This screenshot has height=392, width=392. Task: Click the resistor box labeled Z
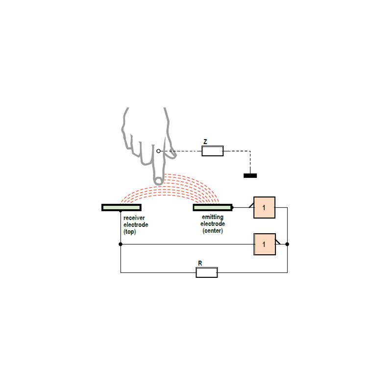[x=213, y=151]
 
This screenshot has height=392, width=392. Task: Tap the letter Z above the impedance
[x=205, y=142]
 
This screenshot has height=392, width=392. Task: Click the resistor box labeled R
[x=207, y=272]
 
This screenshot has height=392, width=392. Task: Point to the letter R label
[x=200, y=263]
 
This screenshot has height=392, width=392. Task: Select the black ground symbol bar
[x=250, y=176]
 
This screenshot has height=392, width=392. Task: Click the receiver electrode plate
[x=122, y=207]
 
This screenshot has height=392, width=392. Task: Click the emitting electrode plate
[x=213, y=207]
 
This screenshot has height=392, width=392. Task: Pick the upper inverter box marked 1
[x=264, y=207]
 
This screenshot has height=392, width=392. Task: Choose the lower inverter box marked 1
[x=265, y=244]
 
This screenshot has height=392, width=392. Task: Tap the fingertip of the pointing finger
[x=158, y=181]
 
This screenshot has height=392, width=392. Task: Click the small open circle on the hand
[x=158, y=151]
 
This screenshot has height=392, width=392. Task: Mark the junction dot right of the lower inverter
[x=287, y=244]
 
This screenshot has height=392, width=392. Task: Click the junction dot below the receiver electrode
[x=121, y=244]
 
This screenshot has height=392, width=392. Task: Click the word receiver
[x=134, y=218]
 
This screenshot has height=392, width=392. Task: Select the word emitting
[x=213, y=217]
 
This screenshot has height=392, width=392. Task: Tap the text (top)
[x=129, y=231]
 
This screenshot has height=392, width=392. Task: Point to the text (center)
[x=213, y=230]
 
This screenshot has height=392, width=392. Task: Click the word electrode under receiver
[x=136, y=224]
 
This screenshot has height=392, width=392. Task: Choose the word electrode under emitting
[x=213, y=224]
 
